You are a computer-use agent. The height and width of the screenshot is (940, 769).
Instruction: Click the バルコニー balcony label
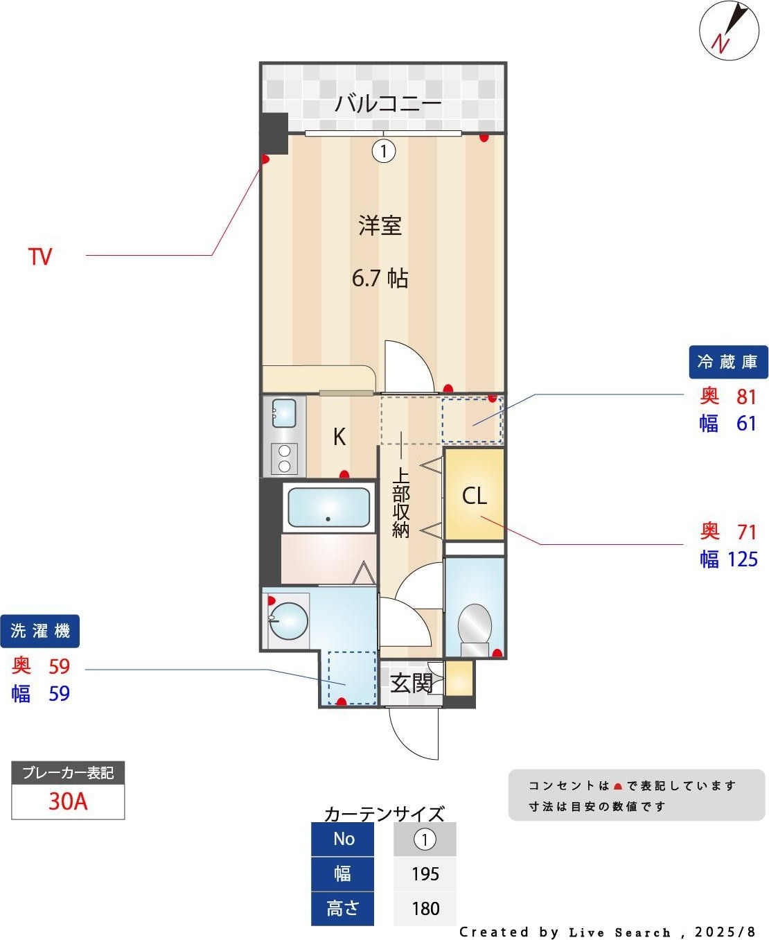tap(387, 104)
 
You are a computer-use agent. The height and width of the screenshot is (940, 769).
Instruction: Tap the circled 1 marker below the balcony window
tap(384, 150)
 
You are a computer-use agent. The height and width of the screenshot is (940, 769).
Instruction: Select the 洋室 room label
tap(380, 225)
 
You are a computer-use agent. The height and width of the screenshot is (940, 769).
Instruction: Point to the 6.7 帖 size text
tap(380, 278)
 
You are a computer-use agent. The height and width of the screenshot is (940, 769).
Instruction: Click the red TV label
tap(40, 256)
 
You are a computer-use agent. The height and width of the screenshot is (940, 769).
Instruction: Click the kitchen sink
tap(284, 413)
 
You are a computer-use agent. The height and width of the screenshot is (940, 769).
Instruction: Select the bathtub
tap(328, 509)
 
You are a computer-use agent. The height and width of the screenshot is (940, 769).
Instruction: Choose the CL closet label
tap(474, 496)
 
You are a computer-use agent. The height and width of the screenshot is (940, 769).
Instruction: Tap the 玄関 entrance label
tap(412, 684)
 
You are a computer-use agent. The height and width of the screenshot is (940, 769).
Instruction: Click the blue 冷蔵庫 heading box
tap(728, 362)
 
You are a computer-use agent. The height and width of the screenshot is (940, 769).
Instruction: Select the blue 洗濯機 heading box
tap(40, 631)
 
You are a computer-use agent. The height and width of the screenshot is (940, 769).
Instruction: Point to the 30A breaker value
tap(68, 801)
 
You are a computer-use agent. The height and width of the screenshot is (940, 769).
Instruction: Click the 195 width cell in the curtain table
tap(425, 873)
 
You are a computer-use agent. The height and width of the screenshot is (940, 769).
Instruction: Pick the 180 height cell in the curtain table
tap(425, 908)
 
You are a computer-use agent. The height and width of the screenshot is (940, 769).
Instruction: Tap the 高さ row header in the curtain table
tap(342, 908)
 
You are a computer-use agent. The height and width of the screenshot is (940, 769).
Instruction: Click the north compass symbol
tap(729, 32)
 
